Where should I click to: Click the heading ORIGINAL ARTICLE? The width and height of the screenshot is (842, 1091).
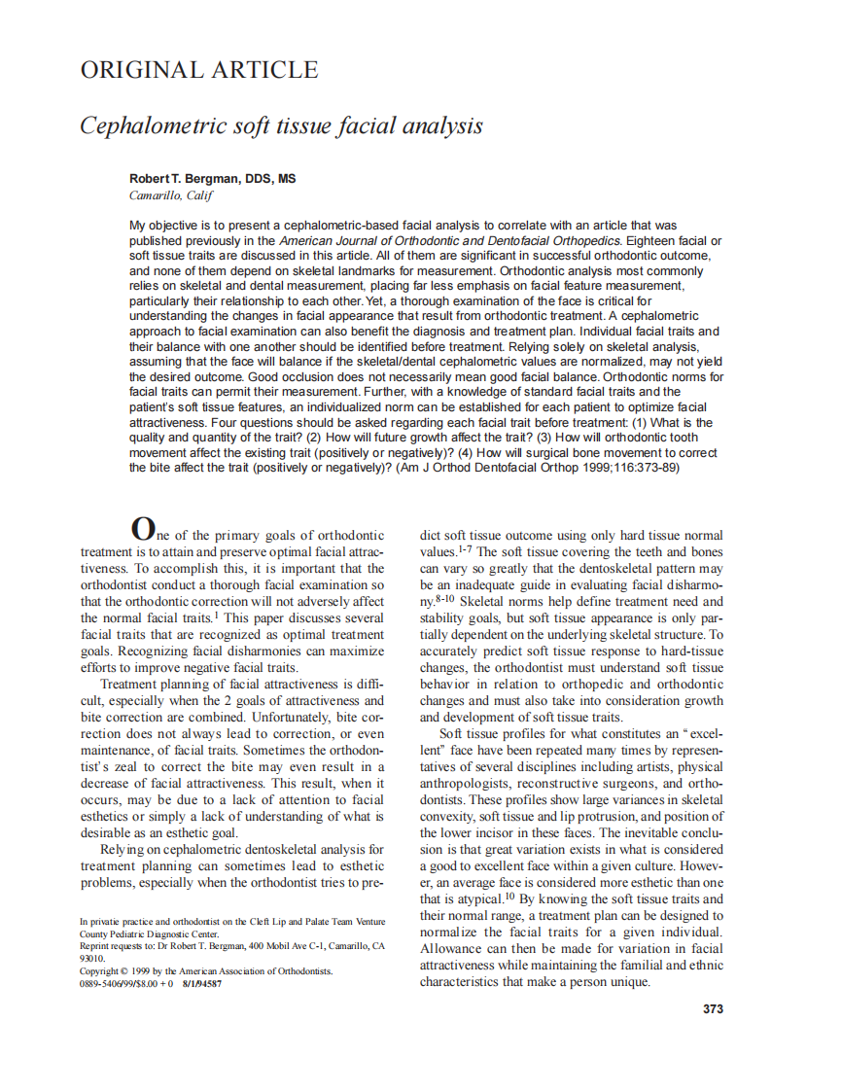(x=198, y=70)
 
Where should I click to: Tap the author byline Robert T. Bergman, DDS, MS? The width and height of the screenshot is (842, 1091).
(x=213, y=179)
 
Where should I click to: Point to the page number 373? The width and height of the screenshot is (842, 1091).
(x=713, y=1008)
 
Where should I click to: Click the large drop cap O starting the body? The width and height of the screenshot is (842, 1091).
(x=142, y=529)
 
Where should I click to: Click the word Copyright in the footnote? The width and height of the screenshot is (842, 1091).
(x=99, y=970)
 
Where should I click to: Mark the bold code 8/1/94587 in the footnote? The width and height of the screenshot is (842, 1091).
(x=200, y=983)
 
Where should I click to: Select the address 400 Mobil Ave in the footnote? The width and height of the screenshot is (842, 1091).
(x=258, y=945)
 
